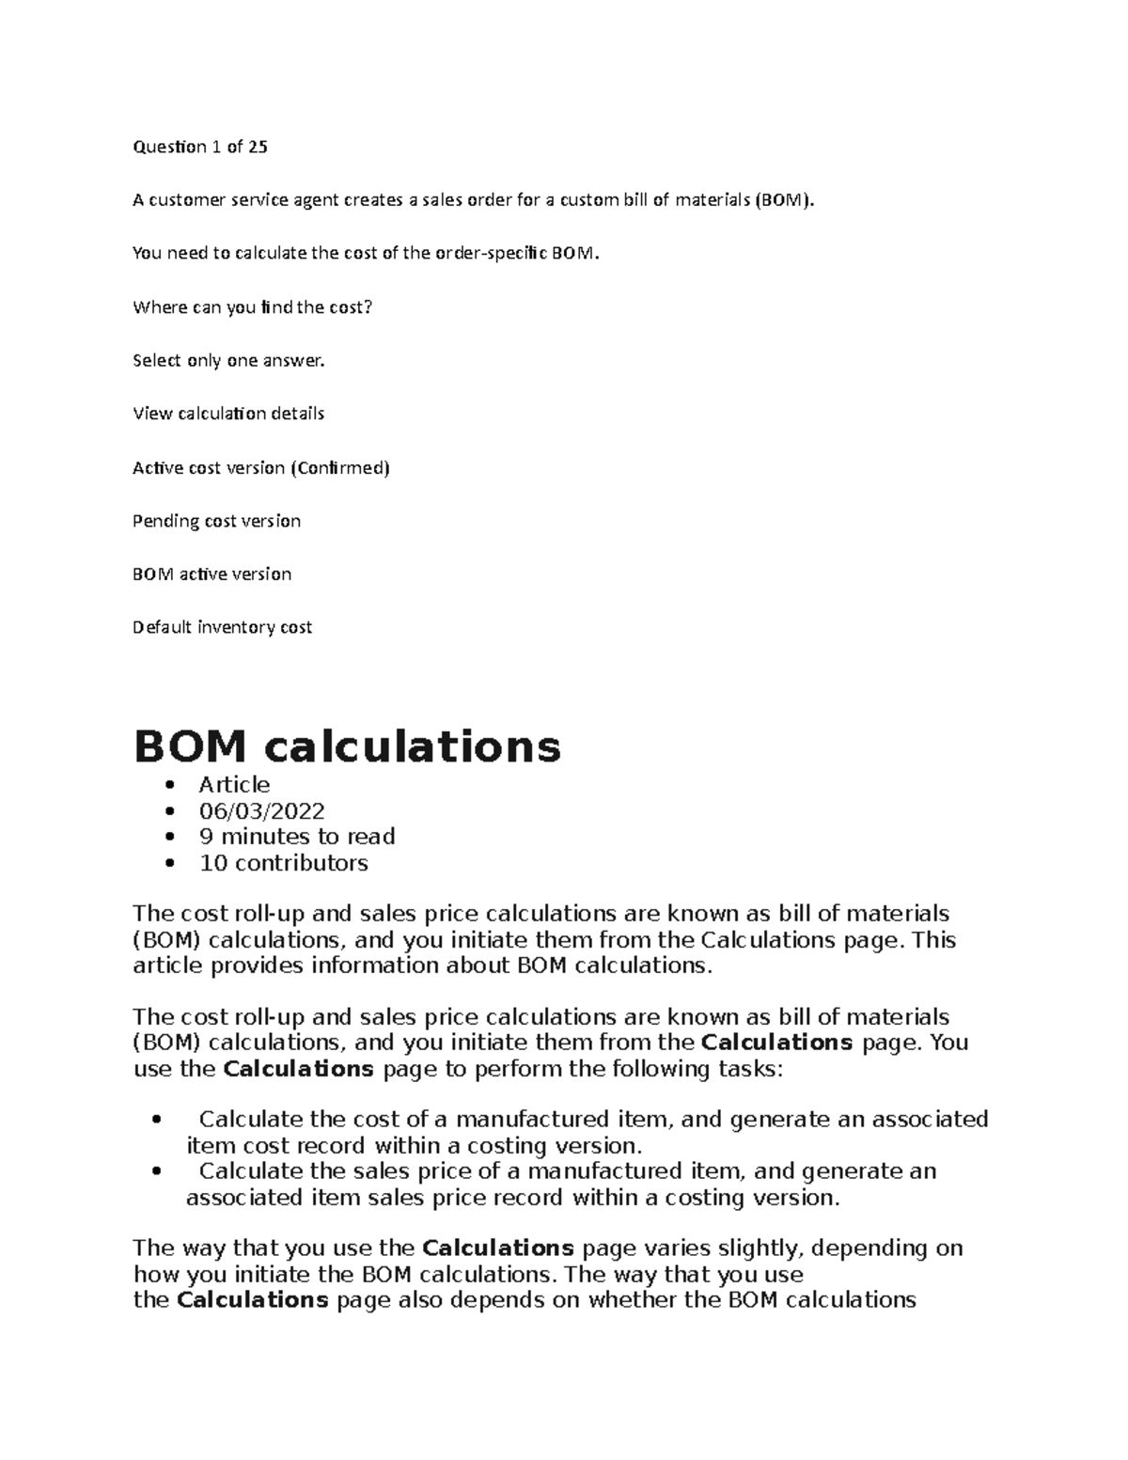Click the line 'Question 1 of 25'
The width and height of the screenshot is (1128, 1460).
[200, 147]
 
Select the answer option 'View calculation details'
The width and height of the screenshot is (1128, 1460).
[228, 414]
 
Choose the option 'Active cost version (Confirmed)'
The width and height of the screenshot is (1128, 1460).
[260, 467]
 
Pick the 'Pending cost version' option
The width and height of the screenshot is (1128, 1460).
[216, 521]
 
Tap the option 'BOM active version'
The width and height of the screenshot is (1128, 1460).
[211, 574]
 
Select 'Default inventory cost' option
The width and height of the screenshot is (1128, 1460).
[222, 627]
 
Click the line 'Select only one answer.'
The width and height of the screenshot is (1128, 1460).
[228, 360]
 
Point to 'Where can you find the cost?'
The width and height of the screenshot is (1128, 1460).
[253, 307]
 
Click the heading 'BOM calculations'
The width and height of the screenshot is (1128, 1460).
[347, 747]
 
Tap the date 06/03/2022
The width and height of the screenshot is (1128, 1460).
[261, 810]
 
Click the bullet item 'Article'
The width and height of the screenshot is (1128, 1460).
[234, 785]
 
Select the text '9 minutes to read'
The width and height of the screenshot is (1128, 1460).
[296, 837]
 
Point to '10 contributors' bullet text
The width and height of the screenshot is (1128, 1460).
[283, 863]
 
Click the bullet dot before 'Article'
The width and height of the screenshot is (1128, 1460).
[169, 786]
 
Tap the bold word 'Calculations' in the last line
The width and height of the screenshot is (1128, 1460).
[252, 1300]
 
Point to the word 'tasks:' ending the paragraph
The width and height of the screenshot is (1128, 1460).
[744, 1069]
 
